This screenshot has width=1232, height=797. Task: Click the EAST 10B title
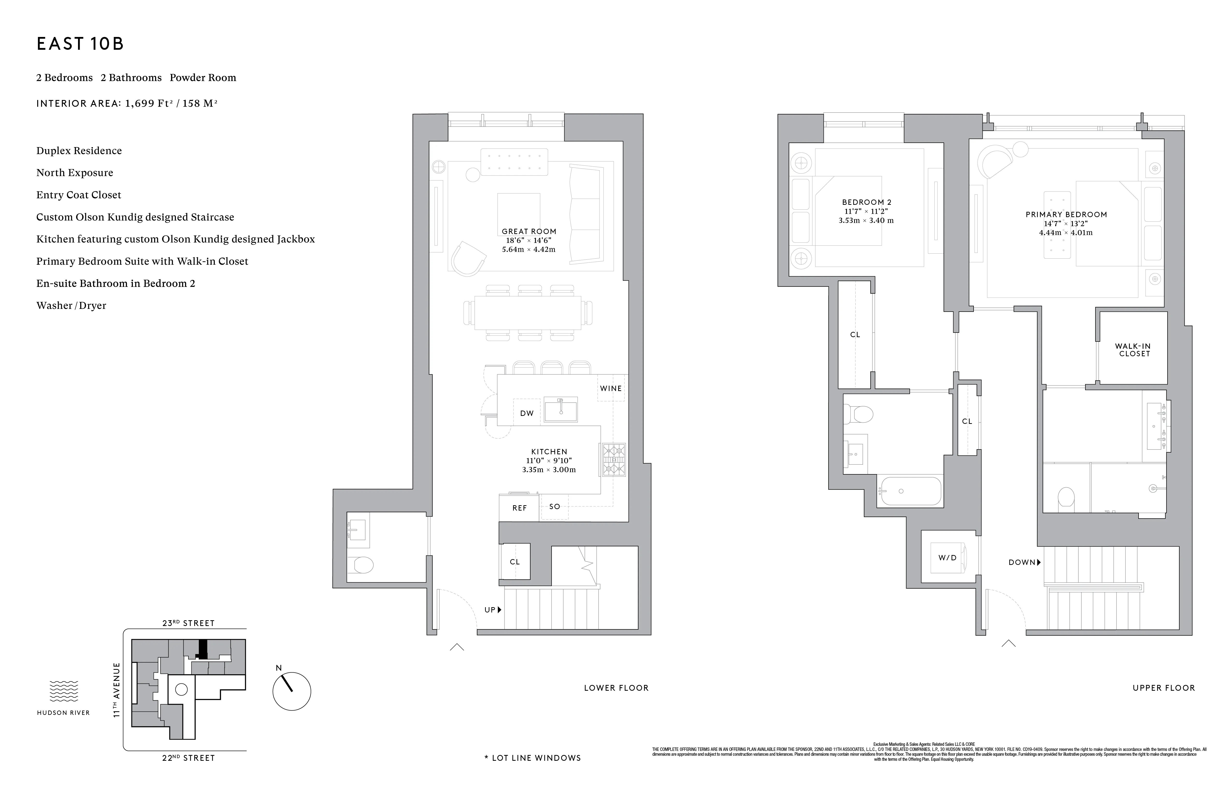(x=80, y=44)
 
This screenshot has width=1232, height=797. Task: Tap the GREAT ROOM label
(x=529, y=231)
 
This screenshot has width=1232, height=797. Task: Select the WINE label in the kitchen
(x=611, y=388)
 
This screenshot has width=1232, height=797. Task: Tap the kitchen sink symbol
(x=561, y=409)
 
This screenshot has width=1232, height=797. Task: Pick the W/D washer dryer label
(x=947, y=557)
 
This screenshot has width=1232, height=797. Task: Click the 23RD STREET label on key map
(x=188, y=623)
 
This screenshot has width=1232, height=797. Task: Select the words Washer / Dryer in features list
(x=72, y=305)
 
